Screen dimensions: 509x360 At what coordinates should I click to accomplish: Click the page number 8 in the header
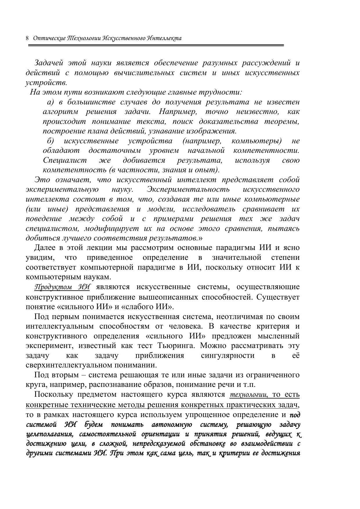point(27,38)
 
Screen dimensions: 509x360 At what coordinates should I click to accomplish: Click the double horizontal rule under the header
point(156,46)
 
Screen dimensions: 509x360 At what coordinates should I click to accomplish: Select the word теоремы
point(282,122)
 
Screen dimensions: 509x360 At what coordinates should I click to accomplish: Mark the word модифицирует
point(111,229)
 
